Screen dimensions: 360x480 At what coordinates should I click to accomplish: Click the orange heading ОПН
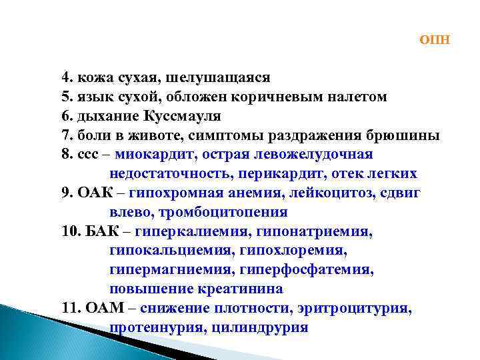pos(435,39)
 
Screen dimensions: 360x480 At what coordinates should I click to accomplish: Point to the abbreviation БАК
pos(103,232)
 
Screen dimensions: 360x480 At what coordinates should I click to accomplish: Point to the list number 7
pos(65,136)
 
